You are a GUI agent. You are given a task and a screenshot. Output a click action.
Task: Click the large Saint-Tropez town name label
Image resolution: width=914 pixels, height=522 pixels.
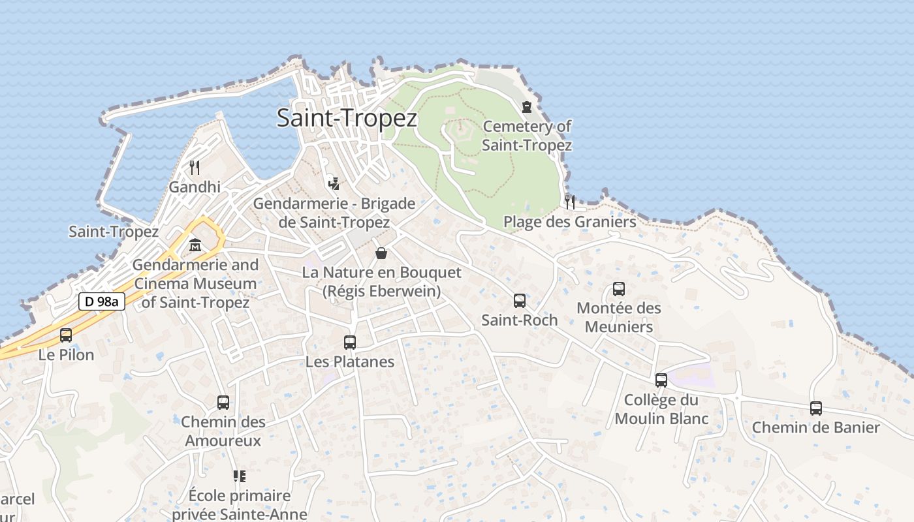coord(347,118)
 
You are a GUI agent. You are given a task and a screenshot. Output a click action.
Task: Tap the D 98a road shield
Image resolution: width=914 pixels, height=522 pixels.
coord(101,301)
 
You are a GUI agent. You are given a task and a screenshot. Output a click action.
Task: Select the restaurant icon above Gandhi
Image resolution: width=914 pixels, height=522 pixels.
coord(195,168)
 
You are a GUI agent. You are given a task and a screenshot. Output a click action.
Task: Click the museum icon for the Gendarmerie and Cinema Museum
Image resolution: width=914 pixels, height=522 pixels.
coord(195,246)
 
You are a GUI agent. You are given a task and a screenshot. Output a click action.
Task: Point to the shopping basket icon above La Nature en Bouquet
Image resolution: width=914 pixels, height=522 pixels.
coord(381,253)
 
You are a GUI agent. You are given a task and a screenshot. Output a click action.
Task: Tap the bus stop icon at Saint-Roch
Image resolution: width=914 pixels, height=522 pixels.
coord(520,301)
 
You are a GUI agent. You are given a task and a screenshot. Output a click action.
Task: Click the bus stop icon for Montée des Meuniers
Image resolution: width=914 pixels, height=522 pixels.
coord(619,289)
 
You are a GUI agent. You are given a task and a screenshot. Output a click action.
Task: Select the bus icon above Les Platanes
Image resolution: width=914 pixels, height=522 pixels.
coord(350,343)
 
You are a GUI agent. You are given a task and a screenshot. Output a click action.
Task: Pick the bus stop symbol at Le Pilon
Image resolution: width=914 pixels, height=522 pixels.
coord(66,335)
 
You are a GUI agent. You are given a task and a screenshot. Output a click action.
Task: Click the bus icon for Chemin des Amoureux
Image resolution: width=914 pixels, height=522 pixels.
coord(223,403)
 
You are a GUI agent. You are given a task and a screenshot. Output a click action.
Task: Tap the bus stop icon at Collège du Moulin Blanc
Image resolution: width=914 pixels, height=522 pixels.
coord(661,380)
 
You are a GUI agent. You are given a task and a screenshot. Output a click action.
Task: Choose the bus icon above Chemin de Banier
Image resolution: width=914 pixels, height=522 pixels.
coord(816,408)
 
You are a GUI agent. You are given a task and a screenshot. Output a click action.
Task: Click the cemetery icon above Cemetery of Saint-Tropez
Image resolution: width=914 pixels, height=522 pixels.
coord(527,107)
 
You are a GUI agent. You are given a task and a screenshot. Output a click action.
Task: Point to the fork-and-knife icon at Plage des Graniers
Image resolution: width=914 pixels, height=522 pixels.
coord(570,202)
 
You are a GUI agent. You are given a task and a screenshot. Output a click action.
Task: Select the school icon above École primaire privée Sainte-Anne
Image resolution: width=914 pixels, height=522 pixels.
coord(240,476)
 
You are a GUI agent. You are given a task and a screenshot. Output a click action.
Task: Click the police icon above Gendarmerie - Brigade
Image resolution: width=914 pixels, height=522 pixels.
coord(334,184)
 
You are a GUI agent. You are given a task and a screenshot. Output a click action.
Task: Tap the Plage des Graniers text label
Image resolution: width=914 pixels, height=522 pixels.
coord(569,222)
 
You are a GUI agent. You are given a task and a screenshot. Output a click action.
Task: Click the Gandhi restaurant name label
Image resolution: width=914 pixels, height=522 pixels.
coord(195,187)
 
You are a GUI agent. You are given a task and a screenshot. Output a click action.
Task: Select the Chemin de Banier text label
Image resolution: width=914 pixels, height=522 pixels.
coord(816,428)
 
